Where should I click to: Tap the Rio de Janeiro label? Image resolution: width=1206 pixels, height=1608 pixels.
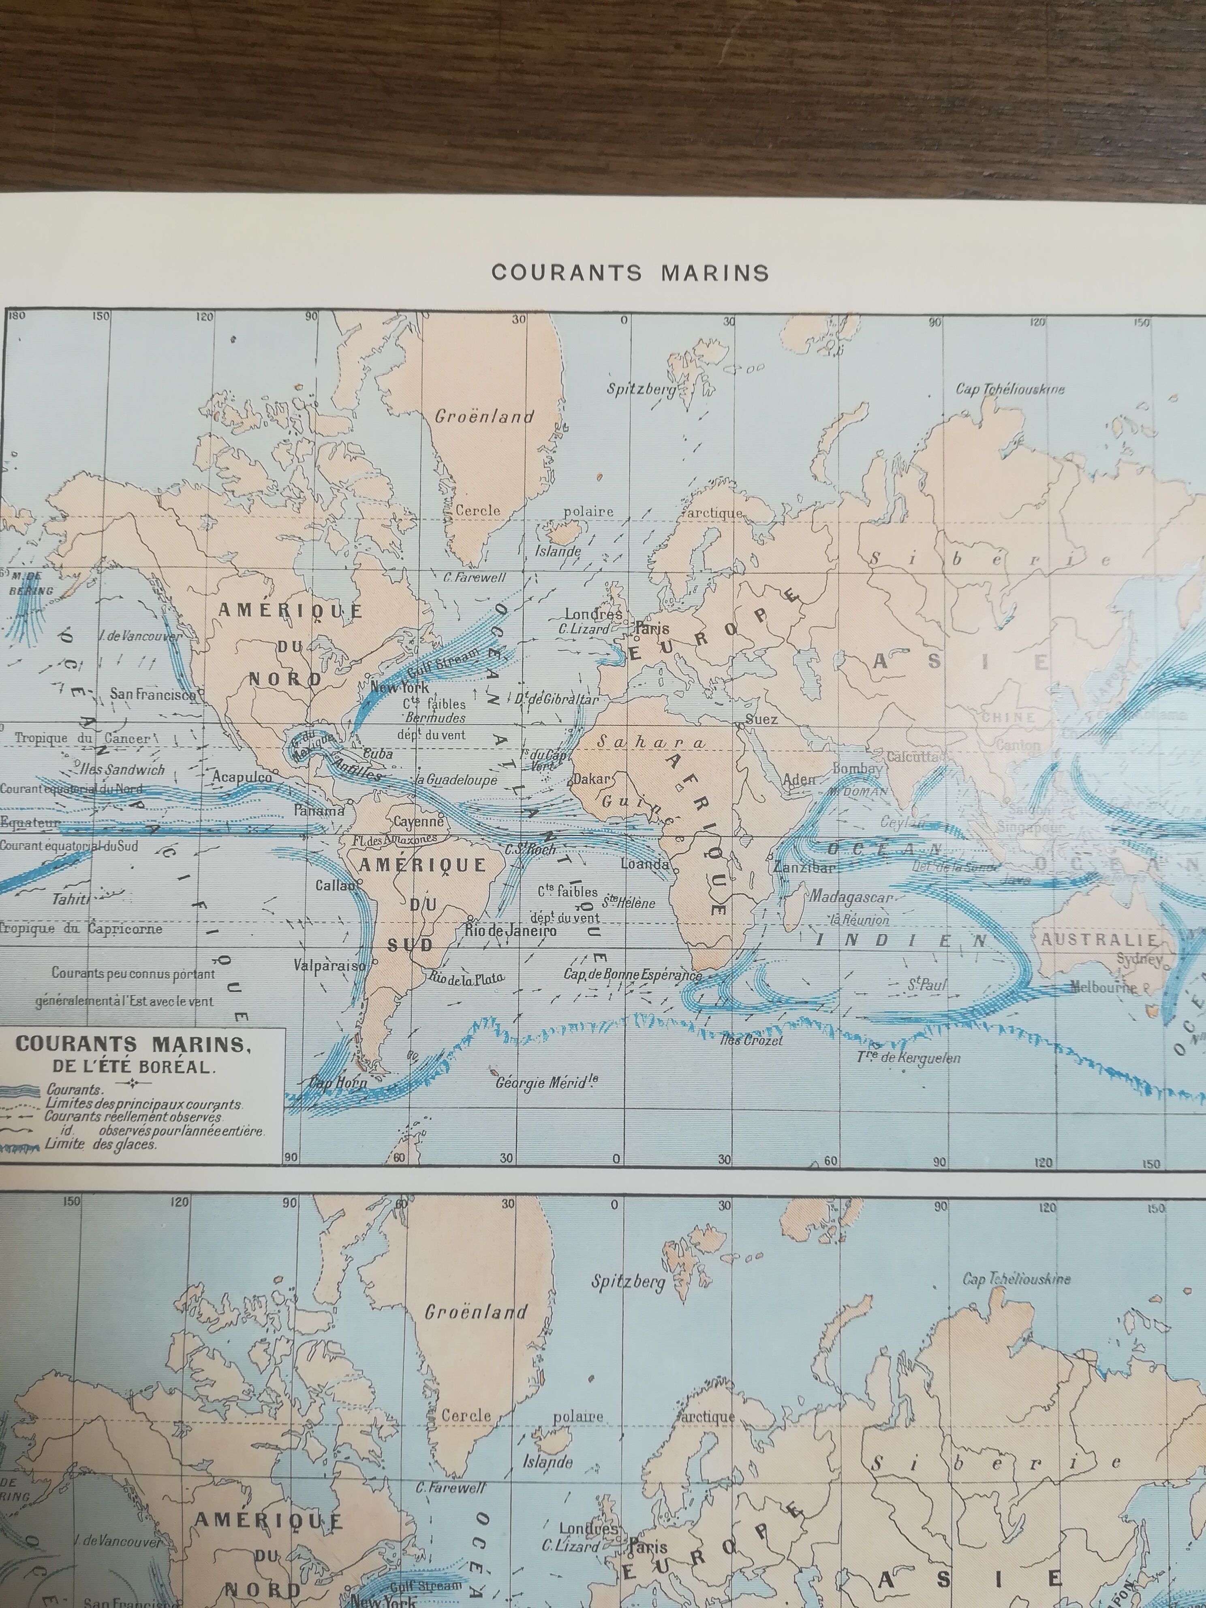[x=510, y=930]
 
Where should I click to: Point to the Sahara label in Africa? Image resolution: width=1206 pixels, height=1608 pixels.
[x=650, y=742]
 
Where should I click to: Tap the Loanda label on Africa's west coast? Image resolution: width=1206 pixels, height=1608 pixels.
[x=644, y=864]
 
